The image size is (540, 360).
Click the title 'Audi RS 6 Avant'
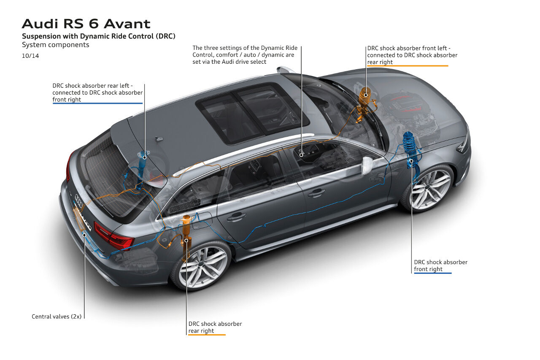coord(86,23)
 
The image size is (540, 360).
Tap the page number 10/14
coord(30,55)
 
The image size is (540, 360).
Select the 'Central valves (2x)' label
coord(57,316)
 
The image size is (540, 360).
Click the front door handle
coord(316,192)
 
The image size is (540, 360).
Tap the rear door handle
coord(236,217)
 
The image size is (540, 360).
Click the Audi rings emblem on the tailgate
coord(79,200)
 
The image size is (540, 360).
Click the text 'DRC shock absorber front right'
coord(440,265)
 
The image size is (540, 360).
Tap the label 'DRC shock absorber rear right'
coord(215,327)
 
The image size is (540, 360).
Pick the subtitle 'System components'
coord(55,45)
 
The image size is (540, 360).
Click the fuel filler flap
coord(204,219)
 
